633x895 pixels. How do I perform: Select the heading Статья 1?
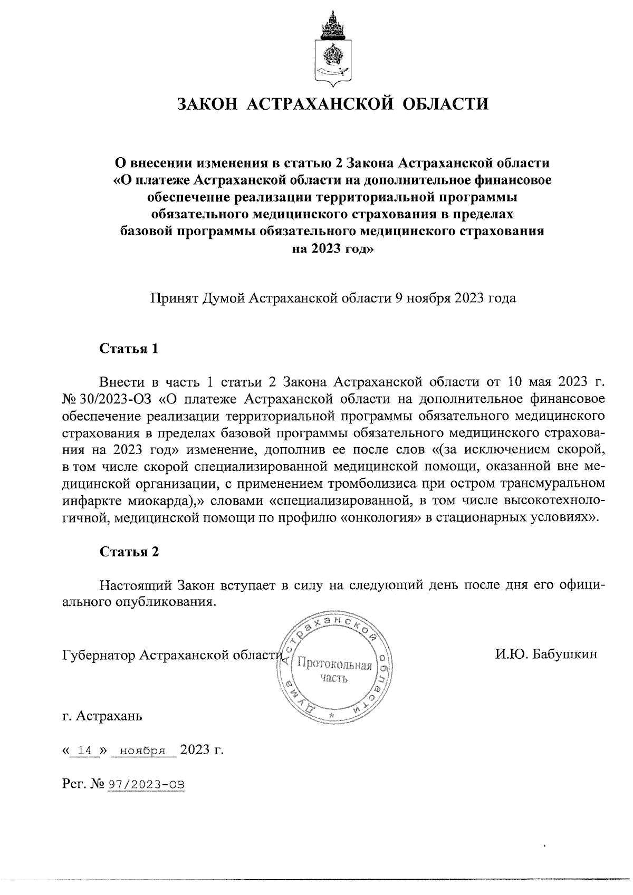pyautogui.click(x=129, y=349)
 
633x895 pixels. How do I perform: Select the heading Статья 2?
pyautogui.click(x=129, y=552)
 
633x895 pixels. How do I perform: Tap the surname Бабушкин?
pyautogui.click(x=565, y=655)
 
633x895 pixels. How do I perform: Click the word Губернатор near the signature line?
pyautogui.click(x=99, y=655)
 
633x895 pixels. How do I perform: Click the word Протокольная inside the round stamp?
pyautogui.click(x=334, y=665)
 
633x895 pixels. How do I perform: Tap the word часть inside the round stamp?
pyautogui.click(x=334, y=678)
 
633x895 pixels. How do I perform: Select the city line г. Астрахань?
pyautogui.click(x=102, y=716)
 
